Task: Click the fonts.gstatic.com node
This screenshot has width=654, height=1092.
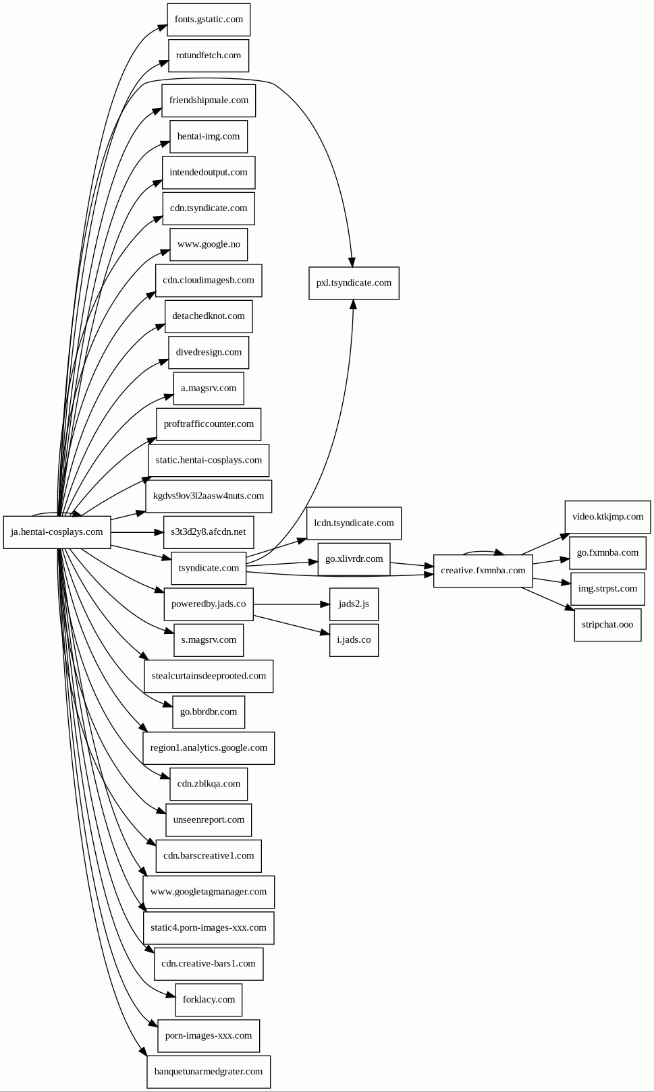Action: pos(209,20)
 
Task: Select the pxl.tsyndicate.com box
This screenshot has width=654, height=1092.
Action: pos(354,283)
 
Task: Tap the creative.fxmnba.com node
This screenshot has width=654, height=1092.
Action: pos(483,571)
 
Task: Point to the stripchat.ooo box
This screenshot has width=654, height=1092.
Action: pos(607,625)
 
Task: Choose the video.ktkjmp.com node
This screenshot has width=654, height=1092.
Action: pos(607,517)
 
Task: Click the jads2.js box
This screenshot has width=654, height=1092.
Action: pos(354,604)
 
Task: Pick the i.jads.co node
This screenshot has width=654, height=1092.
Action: pos(354,640)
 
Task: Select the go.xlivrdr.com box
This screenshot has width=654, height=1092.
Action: pos(354,559)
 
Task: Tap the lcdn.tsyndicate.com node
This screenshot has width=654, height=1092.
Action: pos(354,523)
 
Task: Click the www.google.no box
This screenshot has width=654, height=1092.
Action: pos(209,244)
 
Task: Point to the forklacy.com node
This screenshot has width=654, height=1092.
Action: pos(209,1000)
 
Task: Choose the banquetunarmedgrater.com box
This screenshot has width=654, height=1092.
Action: pos(209,1072)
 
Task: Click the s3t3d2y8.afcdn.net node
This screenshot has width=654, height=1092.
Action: pos(209,532)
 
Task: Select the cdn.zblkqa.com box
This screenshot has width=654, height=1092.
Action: pos(209,784)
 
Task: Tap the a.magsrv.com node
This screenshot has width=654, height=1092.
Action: pos(209,388)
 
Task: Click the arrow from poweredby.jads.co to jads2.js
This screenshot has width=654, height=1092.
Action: pos(292,604)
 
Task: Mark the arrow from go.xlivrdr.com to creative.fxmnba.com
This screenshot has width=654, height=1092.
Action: pos(412,565)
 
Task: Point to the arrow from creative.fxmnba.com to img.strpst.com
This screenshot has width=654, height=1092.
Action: pos(551,581)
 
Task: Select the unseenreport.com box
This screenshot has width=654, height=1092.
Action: pos(209,820)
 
